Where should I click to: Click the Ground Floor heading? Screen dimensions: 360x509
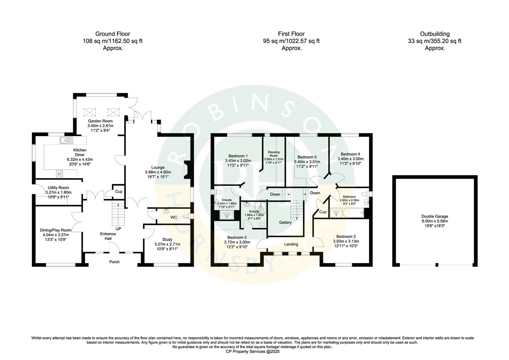coord(113,34)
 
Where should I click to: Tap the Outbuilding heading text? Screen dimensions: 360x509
coord(435,34)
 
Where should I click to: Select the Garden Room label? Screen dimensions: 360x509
coord(100,121)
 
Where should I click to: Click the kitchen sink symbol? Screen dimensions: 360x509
coord(66,140)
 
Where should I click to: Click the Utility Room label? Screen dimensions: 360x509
coord(58,188)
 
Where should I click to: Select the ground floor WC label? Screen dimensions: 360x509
coord(174,217)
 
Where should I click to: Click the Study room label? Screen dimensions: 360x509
coord(167,239)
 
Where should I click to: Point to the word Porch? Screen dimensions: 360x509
coord(114,262)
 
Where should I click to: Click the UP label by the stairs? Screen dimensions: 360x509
coord(118,229)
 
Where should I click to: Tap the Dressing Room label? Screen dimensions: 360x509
coord(273,154)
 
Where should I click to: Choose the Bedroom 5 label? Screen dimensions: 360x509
coord(307,157)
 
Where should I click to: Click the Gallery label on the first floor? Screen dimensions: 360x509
coord(285,222)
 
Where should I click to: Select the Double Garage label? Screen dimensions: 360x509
coord(435,216)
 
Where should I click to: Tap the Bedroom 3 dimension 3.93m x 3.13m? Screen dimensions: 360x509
coord(346,241)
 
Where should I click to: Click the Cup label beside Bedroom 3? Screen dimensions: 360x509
coord(323,212)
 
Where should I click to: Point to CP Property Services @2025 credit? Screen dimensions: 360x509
coord(253,351)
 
